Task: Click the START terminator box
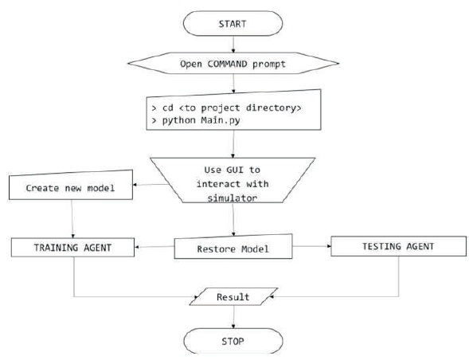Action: (233, 24)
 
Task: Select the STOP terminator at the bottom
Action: (233, 341)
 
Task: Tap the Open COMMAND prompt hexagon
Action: (233, 64)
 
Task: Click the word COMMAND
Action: (227, 64)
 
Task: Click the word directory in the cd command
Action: (273, 108)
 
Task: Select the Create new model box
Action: (71, 185)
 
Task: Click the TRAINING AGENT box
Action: (72, 248)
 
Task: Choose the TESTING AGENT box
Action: (398, 246)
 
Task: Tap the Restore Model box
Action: (233, 247)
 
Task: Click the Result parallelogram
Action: (233, 296)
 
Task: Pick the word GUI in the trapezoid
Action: (235, 170)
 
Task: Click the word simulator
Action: (233, 198)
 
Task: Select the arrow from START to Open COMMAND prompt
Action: (233, 45)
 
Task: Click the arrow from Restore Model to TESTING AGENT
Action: (311, 246)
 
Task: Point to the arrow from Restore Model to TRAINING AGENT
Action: (154, 247)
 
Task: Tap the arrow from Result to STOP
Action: (233, 317)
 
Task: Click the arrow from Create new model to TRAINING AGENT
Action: (72, 219)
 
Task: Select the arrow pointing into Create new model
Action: (151, 184)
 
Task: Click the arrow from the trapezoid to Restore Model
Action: (233, 219)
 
